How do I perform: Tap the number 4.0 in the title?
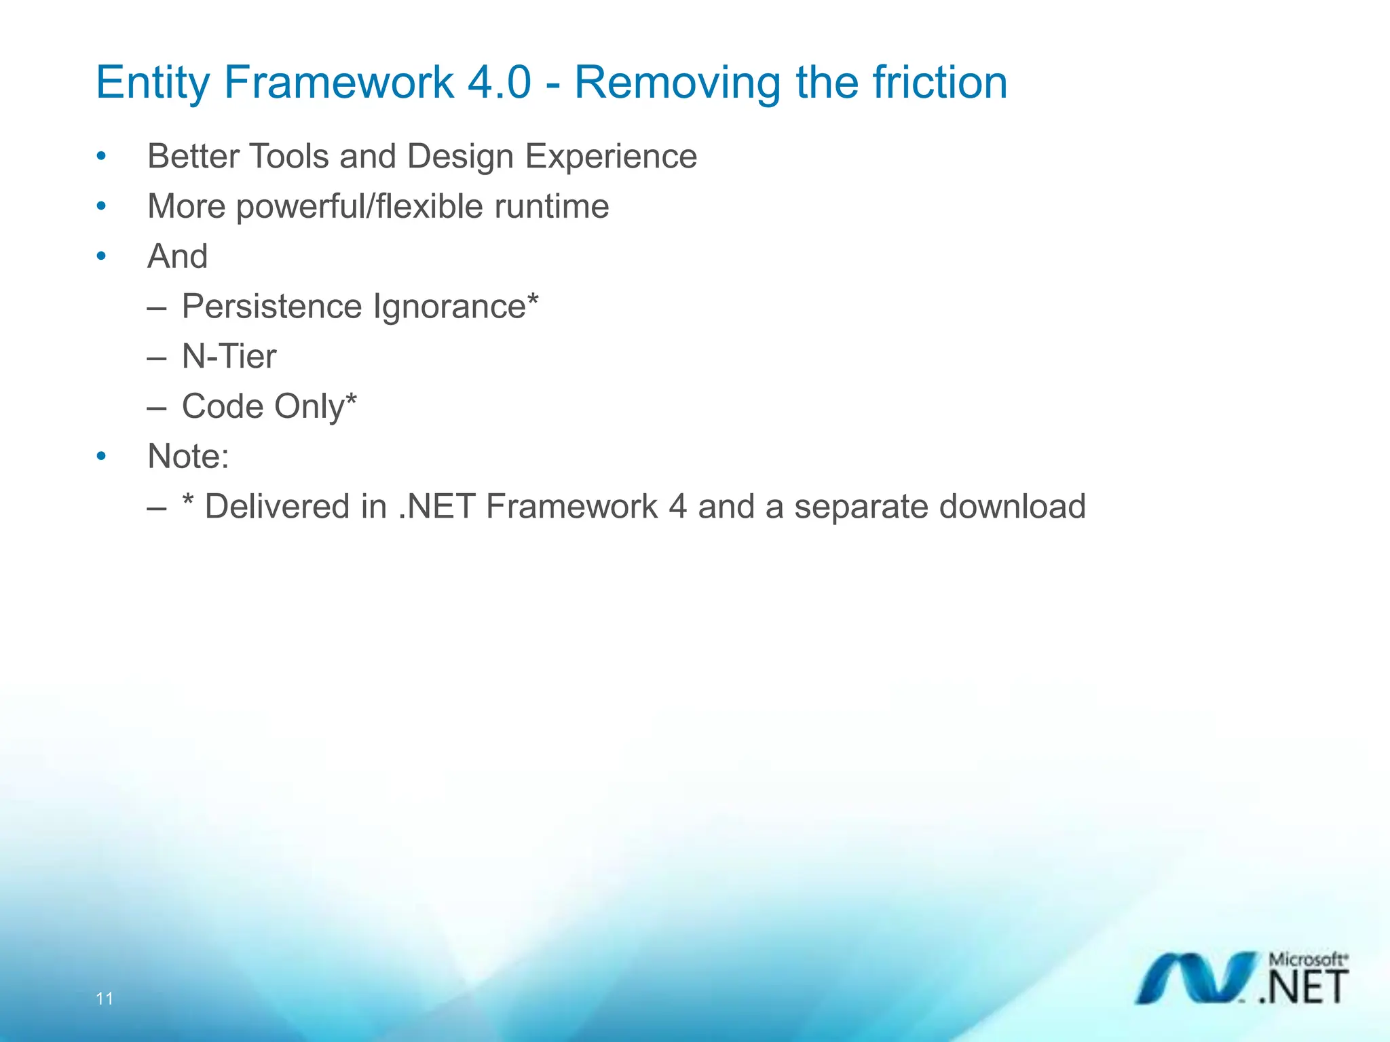500,83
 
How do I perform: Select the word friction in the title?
939,83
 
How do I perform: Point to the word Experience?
611,157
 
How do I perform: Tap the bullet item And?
177,256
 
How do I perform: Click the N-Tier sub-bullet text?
229,357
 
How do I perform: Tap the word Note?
188,457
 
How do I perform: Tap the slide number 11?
105,999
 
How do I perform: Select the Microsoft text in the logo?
1307,960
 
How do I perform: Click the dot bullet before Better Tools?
101,157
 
